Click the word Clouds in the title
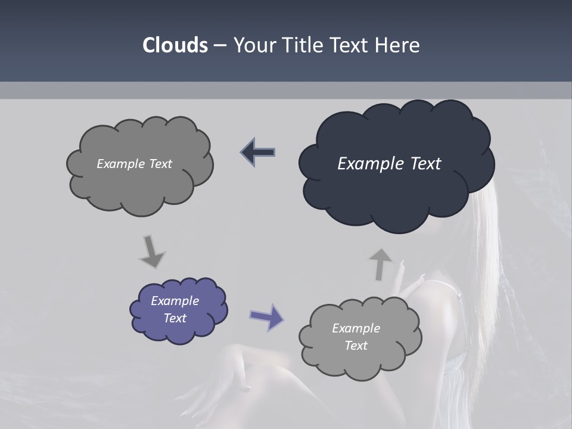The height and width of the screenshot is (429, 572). [175, 45]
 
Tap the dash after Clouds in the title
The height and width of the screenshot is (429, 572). [220, 45]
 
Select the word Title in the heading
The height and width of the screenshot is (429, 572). [302, 45]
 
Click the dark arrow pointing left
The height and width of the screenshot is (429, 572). [259, 153]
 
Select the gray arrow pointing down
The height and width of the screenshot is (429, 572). [151, 252]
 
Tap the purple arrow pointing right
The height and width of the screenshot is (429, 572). [267, 316]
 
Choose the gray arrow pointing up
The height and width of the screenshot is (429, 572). [380, 264]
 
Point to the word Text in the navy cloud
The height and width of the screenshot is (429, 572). [425, 164]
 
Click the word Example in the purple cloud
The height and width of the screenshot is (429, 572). [175, 301]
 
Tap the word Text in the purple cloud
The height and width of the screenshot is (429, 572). [175, 318]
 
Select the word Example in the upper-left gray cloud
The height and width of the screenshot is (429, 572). [120, 164]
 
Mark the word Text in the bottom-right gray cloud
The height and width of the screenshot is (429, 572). [356, 346]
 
